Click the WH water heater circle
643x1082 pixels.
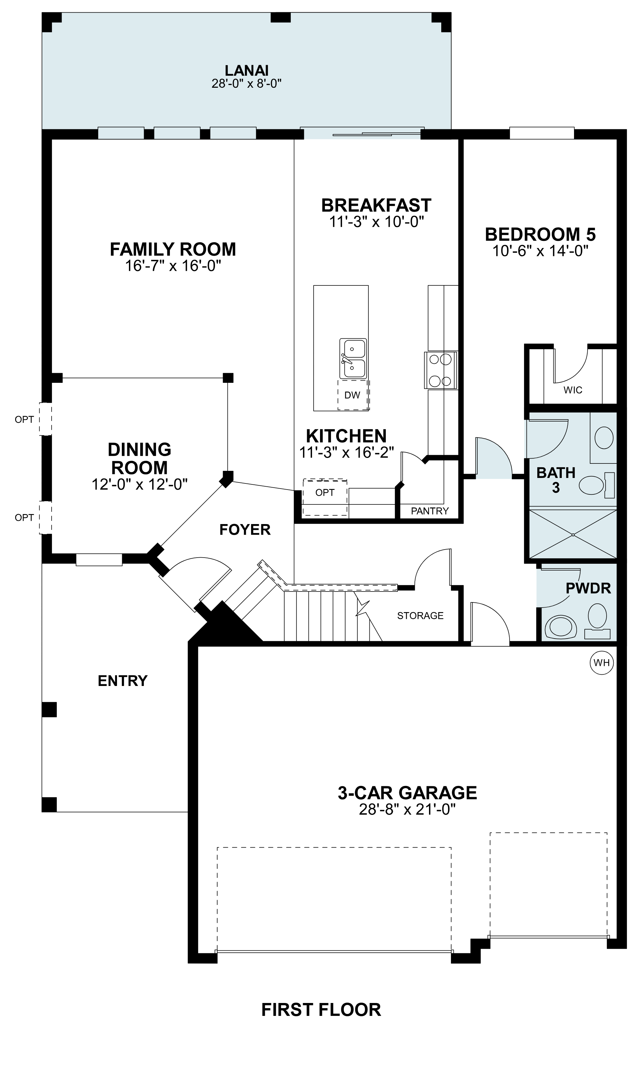(602, 663)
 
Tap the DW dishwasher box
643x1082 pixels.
(352, 395)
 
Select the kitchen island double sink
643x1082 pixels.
(353, 359)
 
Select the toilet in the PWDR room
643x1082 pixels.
(598, 617)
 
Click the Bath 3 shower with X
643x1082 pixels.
(572, 534)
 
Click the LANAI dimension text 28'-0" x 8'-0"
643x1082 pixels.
(247, 84)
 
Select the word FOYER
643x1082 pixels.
(245, 529)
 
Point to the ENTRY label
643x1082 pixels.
(122, 680)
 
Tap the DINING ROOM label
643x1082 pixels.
(140, 459)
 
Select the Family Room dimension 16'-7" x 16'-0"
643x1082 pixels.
(173, 266)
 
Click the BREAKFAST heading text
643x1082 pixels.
(376, 205)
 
